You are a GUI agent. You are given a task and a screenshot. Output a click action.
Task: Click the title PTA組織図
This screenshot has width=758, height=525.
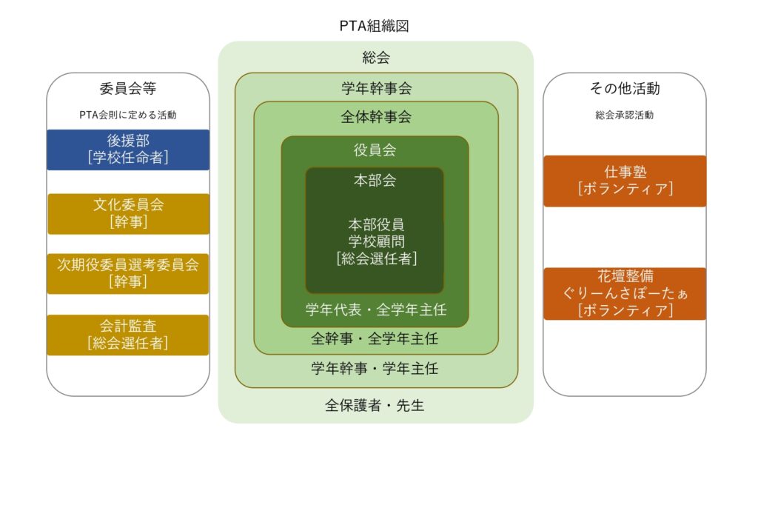tap(374, 26)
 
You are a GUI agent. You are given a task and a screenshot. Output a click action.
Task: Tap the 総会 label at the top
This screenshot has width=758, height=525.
tap(375, 58)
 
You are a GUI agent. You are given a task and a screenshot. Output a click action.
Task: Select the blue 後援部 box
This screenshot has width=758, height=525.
tap(128, 150)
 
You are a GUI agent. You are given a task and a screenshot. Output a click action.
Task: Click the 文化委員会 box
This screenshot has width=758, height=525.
tap(128, 214)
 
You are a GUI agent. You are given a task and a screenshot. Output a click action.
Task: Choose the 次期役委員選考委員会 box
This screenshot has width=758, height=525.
tap(128, 274)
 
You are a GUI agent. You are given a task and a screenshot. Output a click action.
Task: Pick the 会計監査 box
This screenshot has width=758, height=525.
tap(128, 335)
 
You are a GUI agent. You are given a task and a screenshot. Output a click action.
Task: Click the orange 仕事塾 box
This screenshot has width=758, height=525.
tap(625, 181)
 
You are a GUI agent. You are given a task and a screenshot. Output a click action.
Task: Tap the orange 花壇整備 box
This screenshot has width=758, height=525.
tap(625, 293)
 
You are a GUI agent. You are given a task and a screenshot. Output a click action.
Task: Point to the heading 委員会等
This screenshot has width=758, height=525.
tap(128, 88)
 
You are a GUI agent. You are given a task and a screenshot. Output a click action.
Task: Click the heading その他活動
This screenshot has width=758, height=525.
tap(625, 88)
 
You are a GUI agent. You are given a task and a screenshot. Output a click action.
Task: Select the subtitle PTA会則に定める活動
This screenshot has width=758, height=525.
tap(128, 115)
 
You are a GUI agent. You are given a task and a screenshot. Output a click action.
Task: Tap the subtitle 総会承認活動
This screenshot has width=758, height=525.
tap(625, 115)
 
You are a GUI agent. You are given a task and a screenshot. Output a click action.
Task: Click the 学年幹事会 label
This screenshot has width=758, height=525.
tap(376, 88)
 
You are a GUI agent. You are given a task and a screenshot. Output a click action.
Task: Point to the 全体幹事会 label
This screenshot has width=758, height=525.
tap(376, 116)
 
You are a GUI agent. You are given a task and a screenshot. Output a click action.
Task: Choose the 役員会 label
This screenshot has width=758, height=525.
tap(375, 150)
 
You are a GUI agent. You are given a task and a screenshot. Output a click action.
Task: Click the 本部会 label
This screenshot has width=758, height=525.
tap(375, 181)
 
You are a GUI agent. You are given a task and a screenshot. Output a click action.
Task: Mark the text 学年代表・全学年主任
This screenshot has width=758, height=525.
tap(375, 310)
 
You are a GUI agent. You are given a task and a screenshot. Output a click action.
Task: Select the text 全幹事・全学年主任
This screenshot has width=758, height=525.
tap(375, 338)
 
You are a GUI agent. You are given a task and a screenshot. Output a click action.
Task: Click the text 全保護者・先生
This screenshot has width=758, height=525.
tap(375, 405)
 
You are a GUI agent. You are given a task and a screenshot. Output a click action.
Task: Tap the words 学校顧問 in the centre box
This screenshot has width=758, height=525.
tap(376, 241)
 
